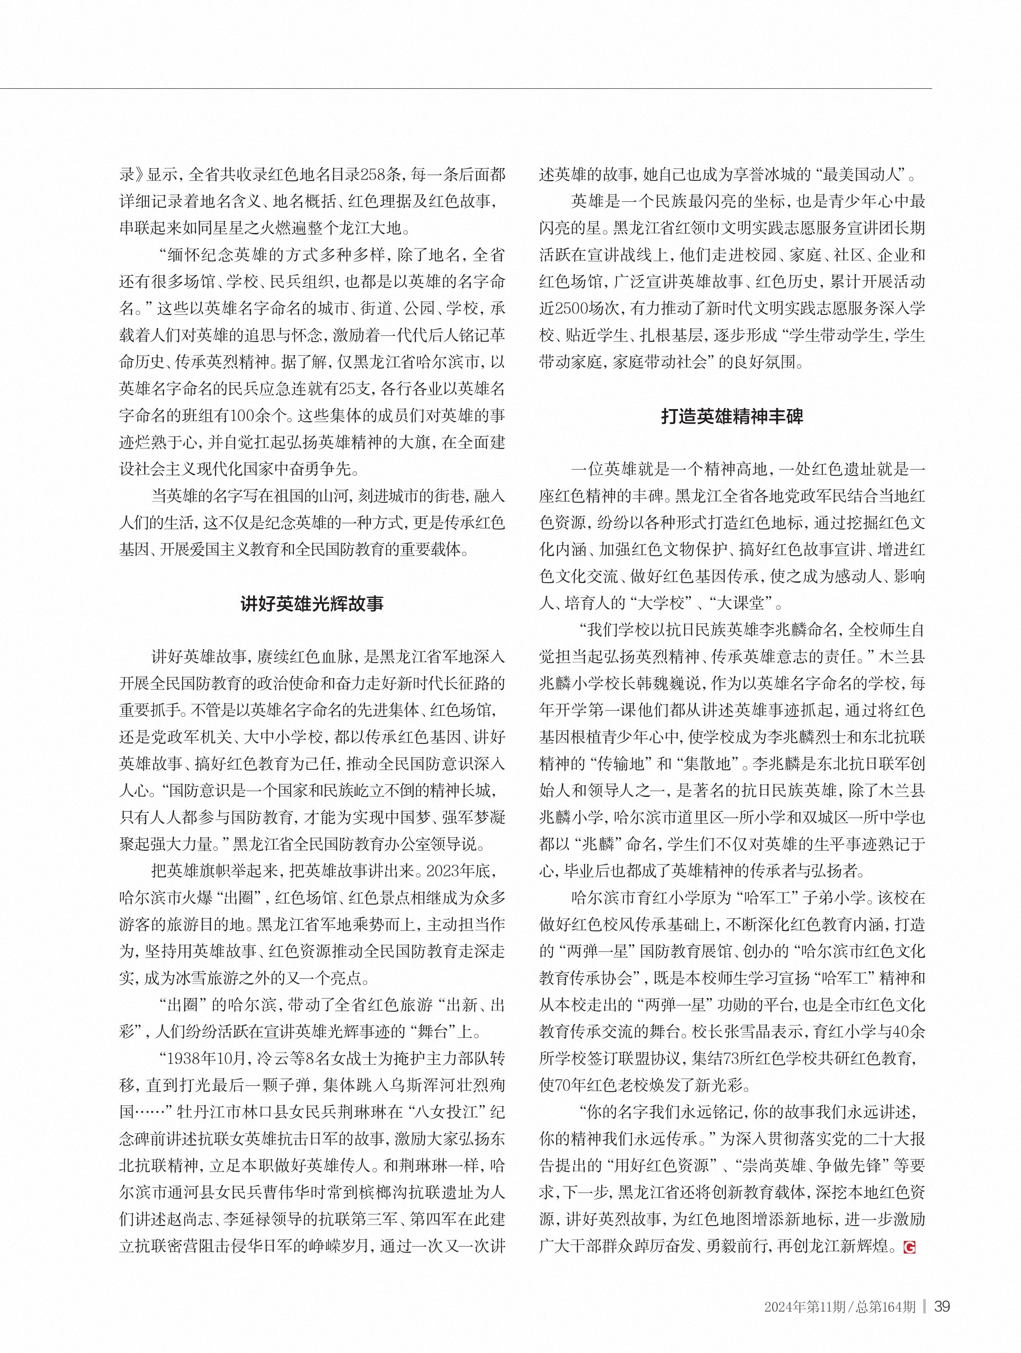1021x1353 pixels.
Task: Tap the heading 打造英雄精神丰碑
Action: point(732,417)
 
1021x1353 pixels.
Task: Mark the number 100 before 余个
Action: point(244,416)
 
